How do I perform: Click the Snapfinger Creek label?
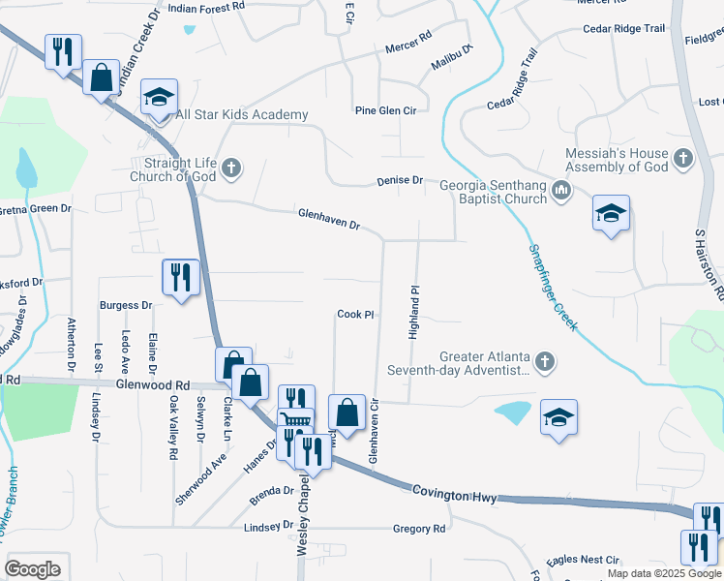553,287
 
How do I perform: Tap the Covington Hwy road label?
454,495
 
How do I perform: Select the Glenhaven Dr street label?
329,219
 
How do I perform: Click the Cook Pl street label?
355,315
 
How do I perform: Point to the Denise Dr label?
400,181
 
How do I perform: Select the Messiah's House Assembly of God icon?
683,158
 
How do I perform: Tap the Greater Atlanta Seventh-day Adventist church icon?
545,363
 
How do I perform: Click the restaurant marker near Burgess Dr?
181,278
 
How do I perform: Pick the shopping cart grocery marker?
296,419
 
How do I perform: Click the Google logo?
32,569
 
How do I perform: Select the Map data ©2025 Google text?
664,573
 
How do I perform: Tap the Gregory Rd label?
419,530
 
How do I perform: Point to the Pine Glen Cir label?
385,111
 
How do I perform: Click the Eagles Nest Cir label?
583,560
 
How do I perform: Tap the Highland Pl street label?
413,311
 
